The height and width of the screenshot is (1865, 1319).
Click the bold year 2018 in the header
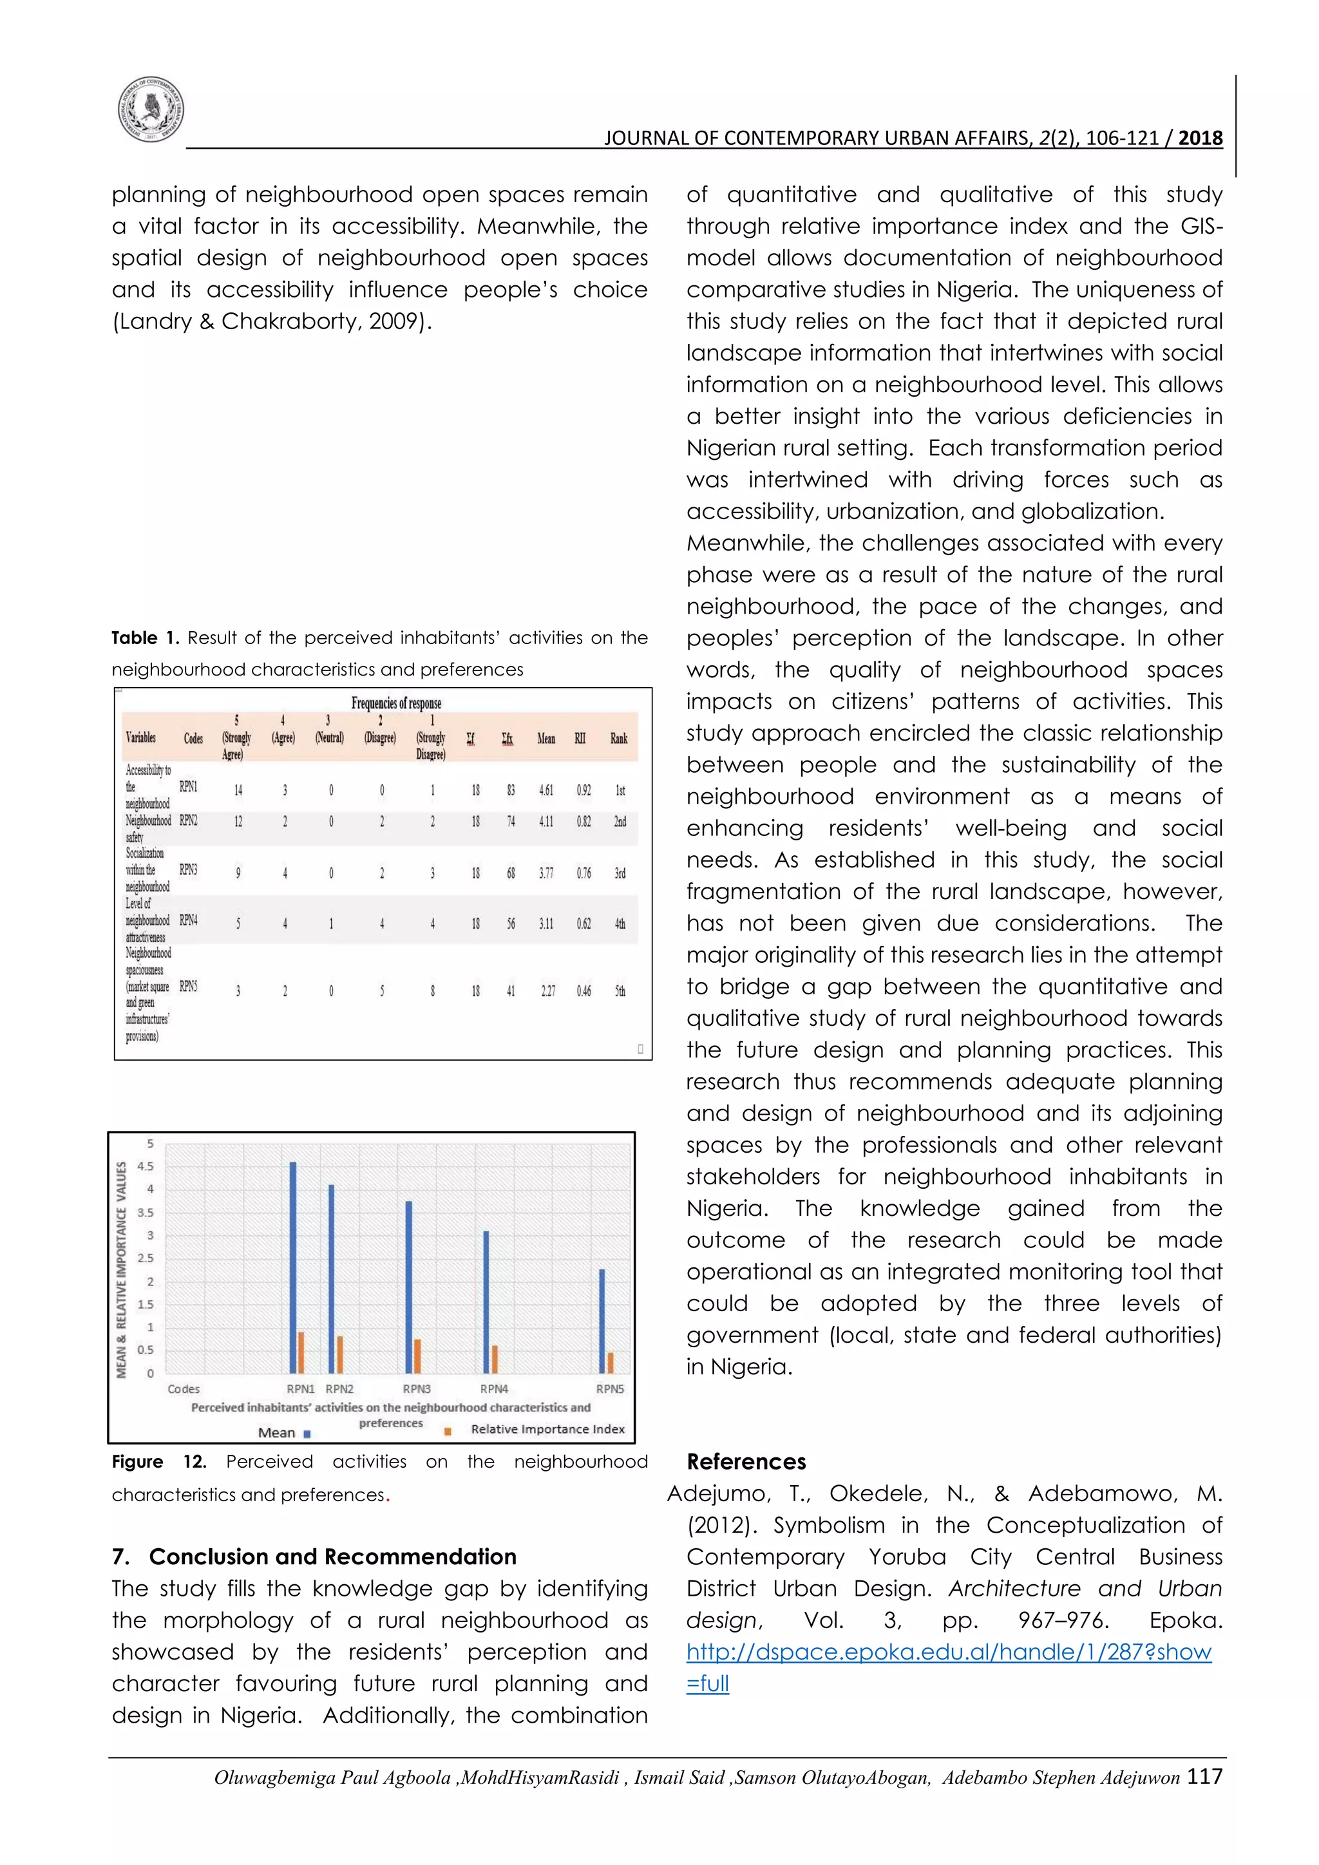(x=1200, y=138)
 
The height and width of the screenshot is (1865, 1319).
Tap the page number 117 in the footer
(x=1204, y=1777)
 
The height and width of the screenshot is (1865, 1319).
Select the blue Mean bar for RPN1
(x=293, y=1267)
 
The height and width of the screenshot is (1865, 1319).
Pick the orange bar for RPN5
(x=611, y=1362)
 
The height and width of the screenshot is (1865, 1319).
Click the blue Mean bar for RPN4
(x=486, y=1302)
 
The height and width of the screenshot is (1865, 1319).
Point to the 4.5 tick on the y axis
(x=146, y=1166)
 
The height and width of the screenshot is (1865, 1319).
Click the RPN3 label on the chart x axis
(x=417, y=1389)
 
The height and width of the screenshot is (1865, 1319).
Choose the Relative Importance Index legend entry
(x=547, y=1429)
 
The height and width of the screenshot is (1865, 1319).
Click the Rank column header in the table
(x=619, y=739)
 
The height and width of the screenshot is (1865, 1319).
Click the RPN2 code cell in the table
(x=189, y=820)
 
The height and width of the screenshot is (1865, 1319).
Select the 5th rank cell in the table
(x=620, y=991)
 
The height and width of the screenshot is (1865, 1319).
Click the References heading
(x=746, y=1461)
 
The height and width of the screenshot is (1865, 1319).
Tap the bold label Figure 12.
(x=158, y=1461)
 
